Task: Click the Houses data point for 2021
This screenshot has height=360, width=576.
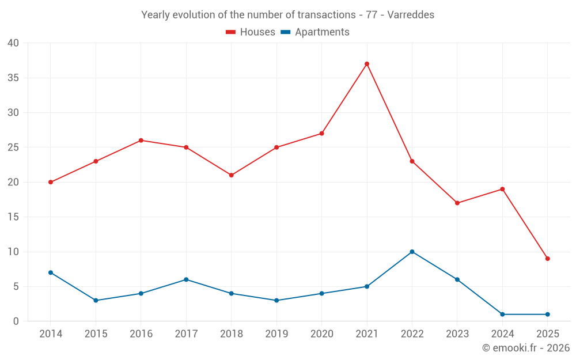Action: point(367,64)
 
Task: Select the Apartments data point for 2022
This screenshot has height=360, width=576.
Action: point(412,252)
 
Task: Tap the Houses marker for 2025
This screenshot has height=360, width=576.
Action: point(547,259)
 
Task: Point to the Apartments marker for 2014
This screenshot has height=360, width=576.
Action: point(51,272)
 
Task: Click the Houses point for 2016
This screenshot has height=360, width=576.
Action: point(141,141)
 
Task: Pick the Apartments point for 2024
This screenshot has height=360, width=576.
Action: point(502,314)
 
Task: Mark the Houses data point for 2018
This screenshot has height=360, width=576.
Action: point(231,175)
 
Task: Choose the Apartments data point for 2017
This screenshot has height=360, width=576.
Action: point(186,279)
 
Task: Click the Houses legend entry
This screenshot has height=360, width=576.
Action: point(257,32)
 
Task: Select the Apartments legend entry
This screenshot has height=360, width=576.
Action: point(322,32)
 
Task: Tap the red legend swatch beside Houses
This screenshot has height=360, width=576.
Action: point(231,32)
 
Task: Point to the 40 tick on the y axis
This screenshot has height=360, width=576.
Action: point(13,43)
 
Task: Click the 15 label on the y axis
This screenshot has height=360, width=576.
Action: point(13,217)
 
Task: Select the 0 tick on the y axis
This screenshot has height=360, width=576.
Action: point(16,321)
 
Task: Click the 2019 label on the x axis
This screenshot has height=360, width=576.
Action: point(276,334)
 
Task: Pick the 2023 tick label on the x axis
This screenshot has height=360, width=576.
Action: point(457,334)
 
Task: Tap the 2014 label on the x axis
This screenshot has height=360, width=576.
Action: point(51,334)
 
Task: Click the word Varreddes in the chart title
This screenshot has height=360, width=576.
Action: point(411,14)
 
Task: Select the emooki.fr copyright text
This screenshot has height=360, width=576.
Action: point(525,348)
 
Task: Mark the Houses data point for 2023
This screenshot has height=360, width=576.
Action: point(457,203)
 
